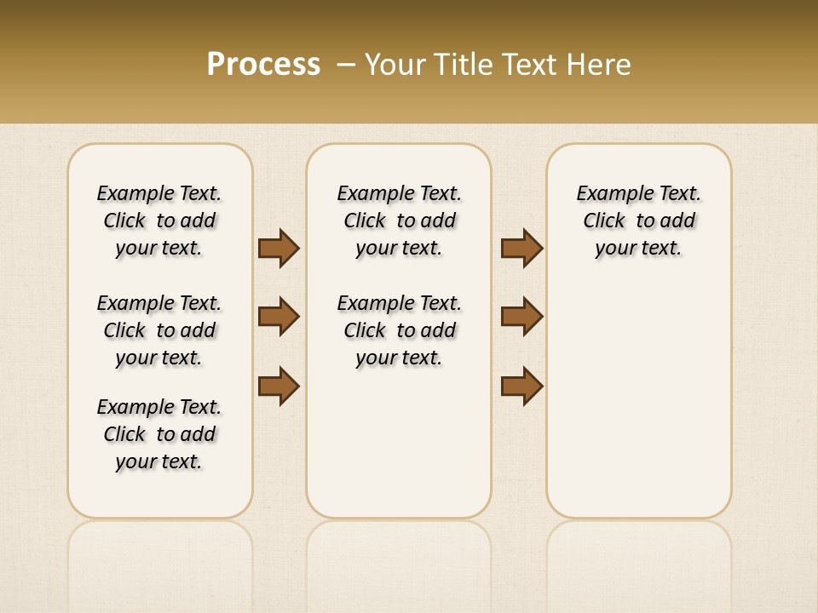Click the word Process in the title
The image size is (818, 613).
263,65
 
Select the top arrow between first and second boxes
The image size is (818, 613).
279,248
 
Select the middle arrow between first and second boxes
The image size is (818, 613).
279,317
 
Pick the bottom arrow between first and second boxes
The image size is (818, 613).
279,386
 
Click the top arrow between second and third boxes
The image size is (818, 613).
522,248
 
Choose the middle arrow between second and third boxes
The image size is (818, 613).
522,317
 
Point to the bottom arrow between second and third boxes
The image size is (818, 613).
522,386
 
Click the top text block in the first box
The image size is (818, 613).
159,221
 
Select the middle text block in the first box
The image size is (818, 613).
159,330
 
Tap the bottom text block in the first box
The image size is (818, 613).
159,434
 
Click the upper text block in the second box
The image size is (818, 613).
399,221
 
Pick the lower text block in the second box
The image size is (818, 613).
399,330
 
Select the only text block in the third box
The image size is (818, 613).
638,221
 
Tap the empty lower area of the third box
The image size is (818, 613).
638,400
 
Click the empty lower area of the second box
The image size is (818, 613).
399,443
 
